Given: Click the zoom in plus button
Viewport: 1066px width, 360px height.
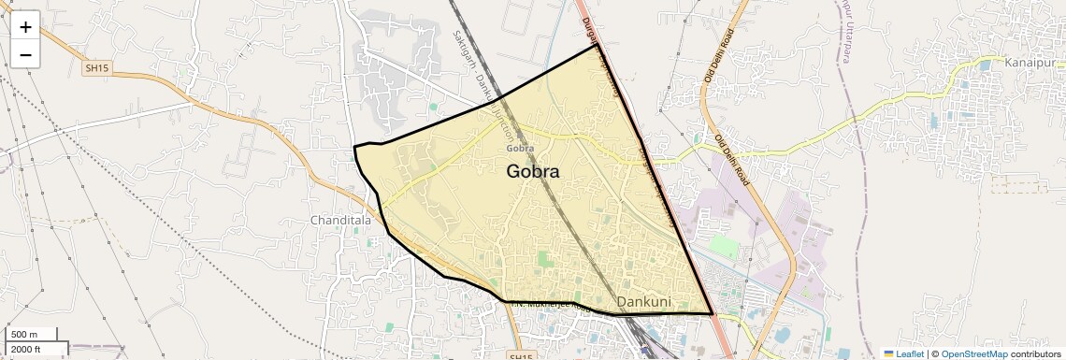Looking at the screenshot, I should tap(25, 27).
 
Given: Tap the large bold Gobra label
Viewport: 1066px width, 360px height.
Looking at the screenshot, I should tap(533, 171).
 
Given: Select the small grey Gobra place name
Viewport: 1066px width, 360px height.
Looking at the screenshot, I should tap(520, 148).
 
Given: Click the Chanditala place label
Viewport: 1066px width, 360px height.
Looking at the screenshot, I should tap(340, 221).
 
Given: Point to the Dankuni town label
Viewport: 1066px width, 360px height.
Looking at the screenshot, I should tap(652, 302).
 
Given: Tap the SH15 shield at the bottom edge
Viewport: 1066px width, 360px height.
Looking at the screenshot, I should tap(521, 356).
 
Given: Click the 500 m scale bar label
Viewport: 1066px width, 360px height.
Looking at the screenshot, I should tap(24, 335).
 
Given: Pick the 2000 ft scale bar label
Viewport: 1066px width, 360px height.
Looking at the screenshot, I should tap(25, 350).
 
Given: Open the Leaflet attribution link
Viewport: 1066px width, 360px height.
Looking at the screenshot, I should tap(903, 353).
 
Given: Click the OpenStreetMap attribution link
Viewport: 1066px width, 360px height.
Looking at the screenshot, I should tap(973, 353).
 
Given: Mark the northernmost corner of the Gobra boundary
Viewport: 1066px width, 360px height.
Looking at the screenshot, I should tap(595, 46).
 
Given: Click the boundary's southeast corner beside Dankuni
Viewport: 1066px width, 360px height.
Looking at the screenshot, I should tap(713, 314).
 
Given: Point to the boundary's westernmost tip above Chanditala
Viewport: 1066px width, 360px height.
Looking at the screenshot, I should tap(354, 147).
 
